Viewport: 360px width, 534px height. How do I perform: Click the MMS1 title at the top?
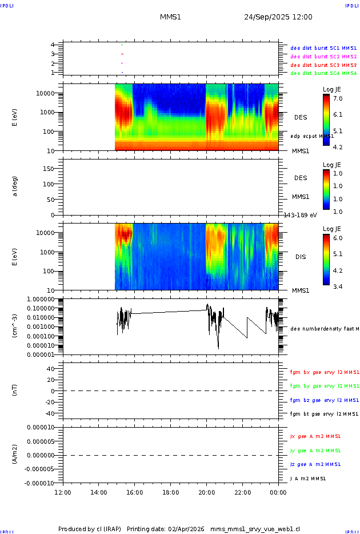tap(170, 17)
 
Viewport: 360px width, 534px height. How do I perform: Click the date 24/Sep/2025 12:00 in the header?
tap(278, 17)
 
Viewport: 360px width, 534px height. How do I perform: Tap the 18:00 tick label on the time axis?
tap(170, 493)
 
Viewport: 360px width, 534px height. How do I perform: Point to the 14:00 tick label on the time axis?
tap(98, 493)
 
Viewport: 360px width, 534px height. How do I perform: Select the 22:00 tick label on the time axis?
tap(242, 493)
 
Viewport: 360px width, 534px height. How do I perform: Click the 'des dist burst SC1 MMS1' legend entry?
tap(323, 48)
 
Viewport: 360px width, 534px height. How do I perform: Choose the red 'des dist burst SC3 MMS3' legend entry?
tap(323, 65)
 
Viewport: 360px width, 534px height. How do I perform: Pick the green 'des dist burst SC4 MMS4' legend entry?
tap(323, 73)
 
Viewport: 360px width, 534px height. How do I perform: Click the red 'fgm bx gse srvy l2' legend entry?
tap(324, 372)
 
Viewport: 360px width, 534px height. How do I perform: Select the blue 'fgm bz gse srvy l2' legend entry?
tap(324, 400)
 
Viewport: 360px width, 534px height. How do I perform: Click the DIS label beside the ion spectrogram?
tap(301, 257)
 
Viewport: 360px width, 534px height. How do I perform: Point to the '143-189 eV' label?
tap(301, 215)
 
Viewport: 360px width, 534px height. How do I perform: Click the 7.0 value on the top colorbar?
tap(338, 99)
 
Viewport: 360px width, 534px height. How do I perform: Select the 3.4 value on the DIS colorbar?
tap(338, 286)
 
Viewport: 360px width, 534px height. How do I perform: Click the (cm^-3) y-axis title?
tap(15, 326)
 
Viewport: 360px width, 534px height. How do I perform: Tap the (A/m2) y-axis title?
tap(15, 455)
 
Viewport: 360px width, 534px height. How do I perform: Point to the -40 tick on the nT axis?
tap(50, 413)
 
